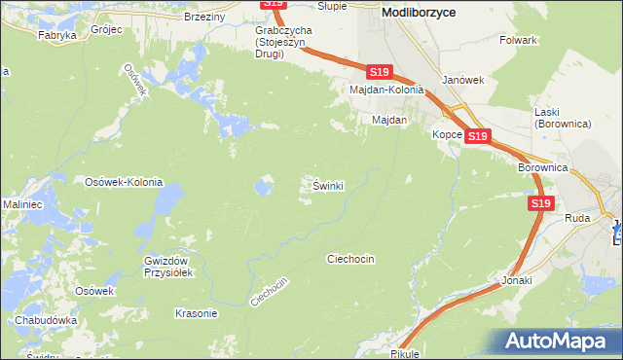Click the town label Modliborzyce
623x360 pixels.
[x=421, y=12]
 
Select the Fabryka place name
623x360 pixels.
[x=57, y=34]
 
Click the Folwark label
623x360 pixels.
[x=518, y=40]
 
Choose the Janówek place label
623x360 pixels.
[x=462, y=80]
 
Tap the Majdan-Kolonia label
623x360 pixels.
[x=387, y=90]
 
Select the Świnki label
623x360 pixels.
[x=328, y=185]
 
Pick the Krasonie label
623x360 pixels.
[x=195, y=313]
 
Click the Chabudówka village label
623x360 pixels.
[x=46, y=320]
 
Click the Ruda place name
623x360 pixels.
[x=577, y=219]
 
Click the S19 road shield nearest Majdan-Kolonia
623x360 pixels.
[x=381, y=72]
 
